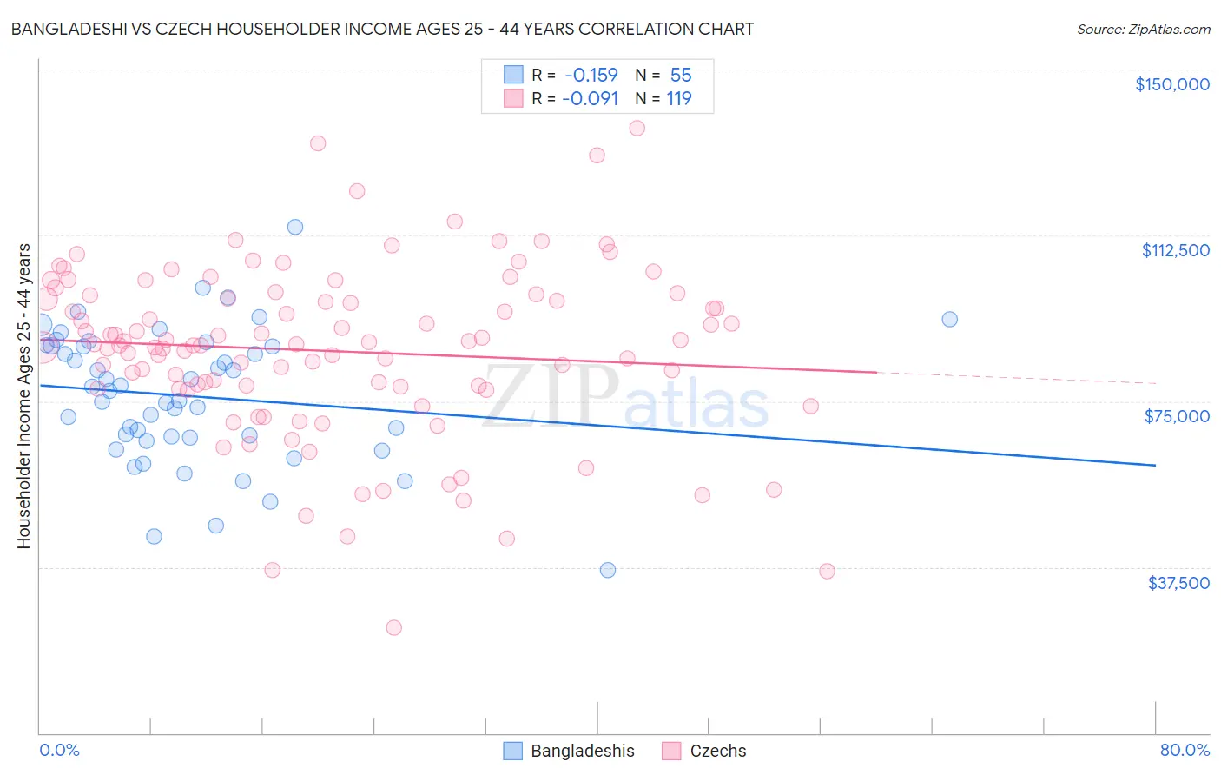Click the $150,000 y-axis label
1171,84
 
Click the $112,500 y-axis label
1175,250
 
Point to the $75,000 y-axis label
1177,416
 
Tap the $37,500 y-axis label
1178,583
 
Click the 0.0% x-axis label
59,751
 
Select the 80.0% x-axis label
1185,751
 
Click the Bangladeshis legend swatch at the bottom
513,751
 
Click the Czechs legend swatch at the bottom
671,751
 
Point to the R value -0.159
591,76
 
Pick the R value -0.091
591,99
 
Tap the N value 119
679,99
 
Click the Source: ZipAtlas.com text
1143,30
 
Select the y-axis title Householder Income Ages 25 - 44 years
24,396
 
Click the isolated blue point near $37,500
608,570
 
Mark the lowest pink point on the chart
393,627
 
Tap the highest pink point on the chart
637,128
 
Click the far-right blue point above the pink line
949,319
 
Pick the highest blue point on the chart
295,227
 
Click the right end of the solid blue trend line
1155,466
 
